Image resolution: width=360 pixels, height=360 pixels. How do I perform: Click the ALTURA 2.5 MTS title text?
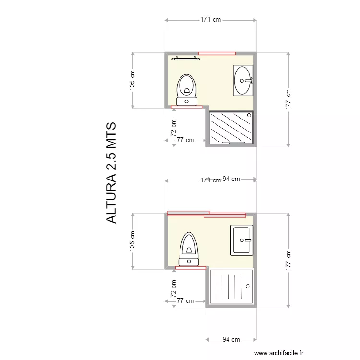(x=111, y=173)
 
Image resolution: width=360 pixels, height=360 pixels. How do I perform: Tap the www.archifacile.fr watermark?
(x=279, y=353)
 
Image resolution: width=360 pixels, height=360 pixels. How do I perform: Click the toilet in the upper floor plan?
(x=187, y=90)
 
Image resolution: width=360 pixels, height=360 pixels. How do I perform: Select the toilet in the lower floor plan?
(x=189, y=249)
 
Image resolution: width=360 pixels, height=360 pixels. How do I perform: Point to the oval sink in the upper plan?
(x=243, y=80)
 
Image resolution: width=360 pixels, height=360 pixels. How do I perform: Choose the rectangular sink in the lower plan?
(x=242, y=240)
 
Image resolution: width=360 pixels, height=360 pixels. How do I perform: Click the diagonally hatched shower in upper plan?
(x=231, y=127)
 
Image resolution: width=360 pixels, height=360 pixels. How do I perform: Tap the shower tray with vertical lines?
(x=231, y=287)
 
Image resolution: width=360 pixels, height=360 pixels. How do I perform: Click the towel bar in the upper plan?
(x=186, y=58)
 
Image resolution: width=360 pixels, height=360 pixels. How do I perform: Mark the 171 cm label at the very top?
(x=211, y=20)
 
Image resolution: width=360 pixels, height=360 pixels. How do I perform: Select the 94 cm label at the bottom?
(x=231, y=339)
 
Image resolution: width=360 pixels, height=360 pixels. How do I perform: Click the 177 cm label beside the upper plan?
(x=288, y=99)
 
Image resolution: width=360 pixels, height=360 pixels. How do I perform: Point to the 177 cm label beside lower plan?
(x=288, y=260)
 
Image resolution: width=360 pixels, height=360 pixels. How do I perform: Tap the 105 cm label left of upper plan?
(x=132, y=80)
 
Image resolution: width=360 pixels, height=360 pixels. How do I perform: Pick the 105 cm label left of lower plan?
(x=132, y=241)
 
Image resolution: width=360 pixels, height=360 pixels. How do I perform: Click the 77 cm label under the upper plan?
(x=185, y=140)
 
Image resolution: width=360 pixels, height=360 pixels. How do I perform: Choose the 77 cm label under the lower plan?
(x=185, y=301)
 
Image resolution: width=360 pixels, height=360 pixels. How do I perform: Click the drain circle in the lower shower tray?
(x=248, y=286)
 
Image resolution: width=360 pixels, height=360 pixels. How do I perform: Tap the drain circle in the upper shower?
(x=249, y=115)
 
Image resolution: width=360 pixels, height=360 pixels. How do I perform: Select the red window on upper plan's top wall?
(x=217, y=53)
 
